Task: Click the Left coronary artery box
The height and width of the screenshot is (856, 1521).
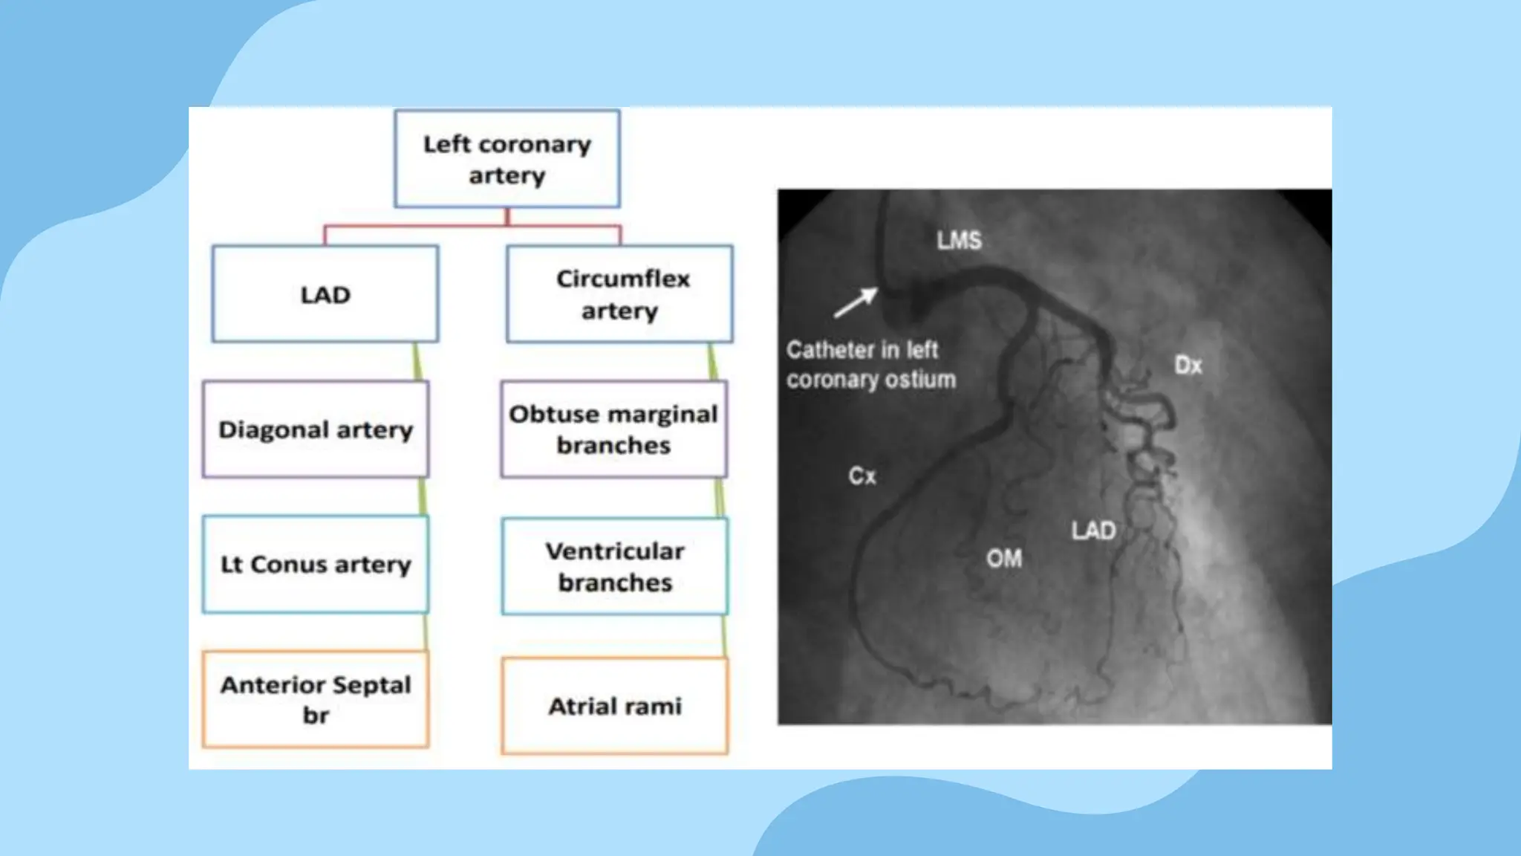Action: pos(507,159)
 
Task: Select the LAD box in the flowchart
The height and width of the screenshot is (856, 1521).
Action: pos(325,294)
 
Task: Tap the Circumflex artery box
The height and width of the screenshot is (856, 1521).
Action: pos(620,294)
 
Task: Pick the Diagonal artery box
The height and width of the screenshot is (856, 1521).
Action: pos(316,429)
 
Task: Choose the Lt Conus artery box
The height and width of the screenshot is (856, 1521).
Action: pos(316,564)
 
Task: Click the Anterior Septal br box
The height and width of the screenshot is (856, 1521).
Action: pos(316,699)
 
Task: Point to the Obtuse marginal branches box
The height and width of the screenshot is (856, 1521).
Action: pos(614,429)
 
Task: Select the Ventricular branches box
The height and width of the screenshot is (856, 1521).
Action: pos(615,566)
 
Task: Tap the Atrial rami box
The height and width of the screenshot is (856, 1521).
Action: pos(615,706)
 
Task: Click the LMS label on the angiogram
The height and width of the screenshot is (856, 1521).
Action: pos(959,240)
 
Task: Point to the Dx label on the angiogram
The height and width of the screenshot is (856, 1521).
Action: pos(1188,365)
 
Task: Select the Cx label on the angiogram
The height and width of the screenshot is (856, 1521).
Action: pos(862,476)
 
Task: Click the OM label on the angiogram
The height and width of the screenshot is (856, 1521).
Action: pos(1004,558)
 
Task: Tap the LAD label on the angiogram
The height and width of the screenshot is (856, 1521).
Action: pos(1093,531)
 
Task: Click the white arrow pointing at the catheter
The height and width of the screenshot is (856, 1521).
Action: pos(856,302)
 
